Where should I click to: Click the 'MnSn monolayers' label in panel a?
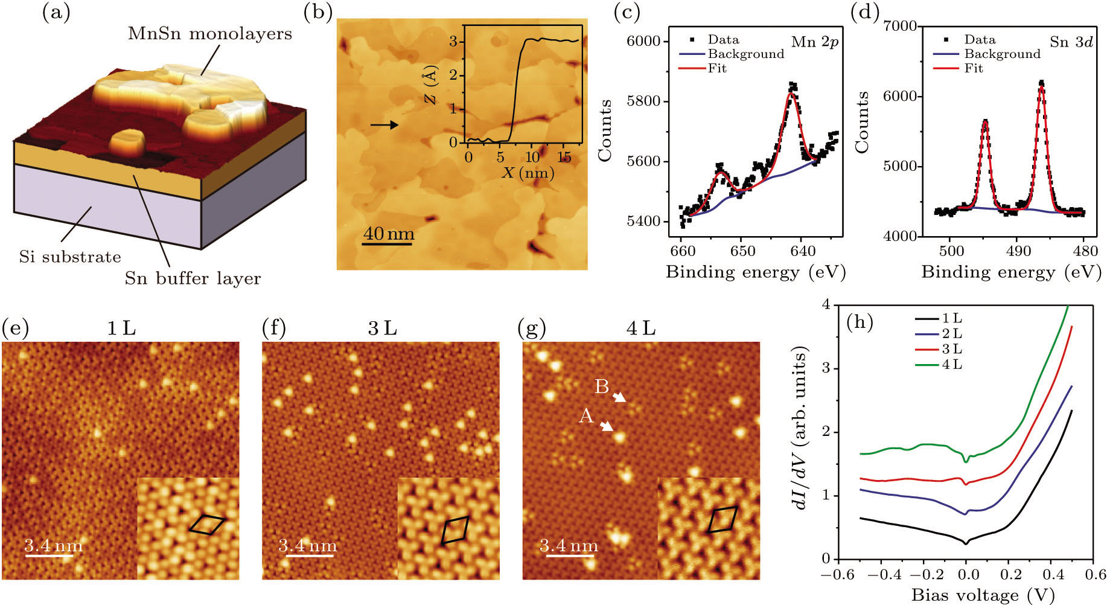click(x=209, y=33)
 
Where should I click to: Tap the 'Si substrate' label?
click(x=70, y=257)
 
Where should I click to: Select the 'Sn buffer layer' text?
click(x=193, y=278)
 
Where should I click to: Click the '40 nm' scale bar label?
click(x=388, y=233)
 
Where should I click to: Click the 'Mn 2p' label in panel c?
click(x=814, y=42)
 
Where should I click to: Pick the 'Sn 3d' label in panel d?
click(x=1071, y=42)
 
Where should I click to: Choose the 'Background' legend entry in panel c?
click(x=745, y=54)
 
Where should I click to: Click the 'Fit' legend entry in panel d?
click(x=973, y=68)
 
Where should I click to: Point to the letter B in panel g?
click(x=601, y=386)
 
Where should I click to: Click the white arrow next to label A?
click(x=606, y=426)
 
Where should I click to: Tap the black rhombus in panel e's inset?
click(x=206, y=524)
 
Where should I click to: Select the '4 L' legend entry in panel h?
click(x=952, y=365)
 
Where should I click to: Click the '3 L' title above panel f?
click(x=382, y=328)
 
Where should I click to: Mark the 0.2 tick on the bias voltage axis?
click(x=1009, y=574)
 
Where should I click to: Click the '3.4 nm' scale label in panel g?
click(x=569, y=546)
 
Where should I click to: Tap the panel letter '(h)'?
click(x=860, y=322)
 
